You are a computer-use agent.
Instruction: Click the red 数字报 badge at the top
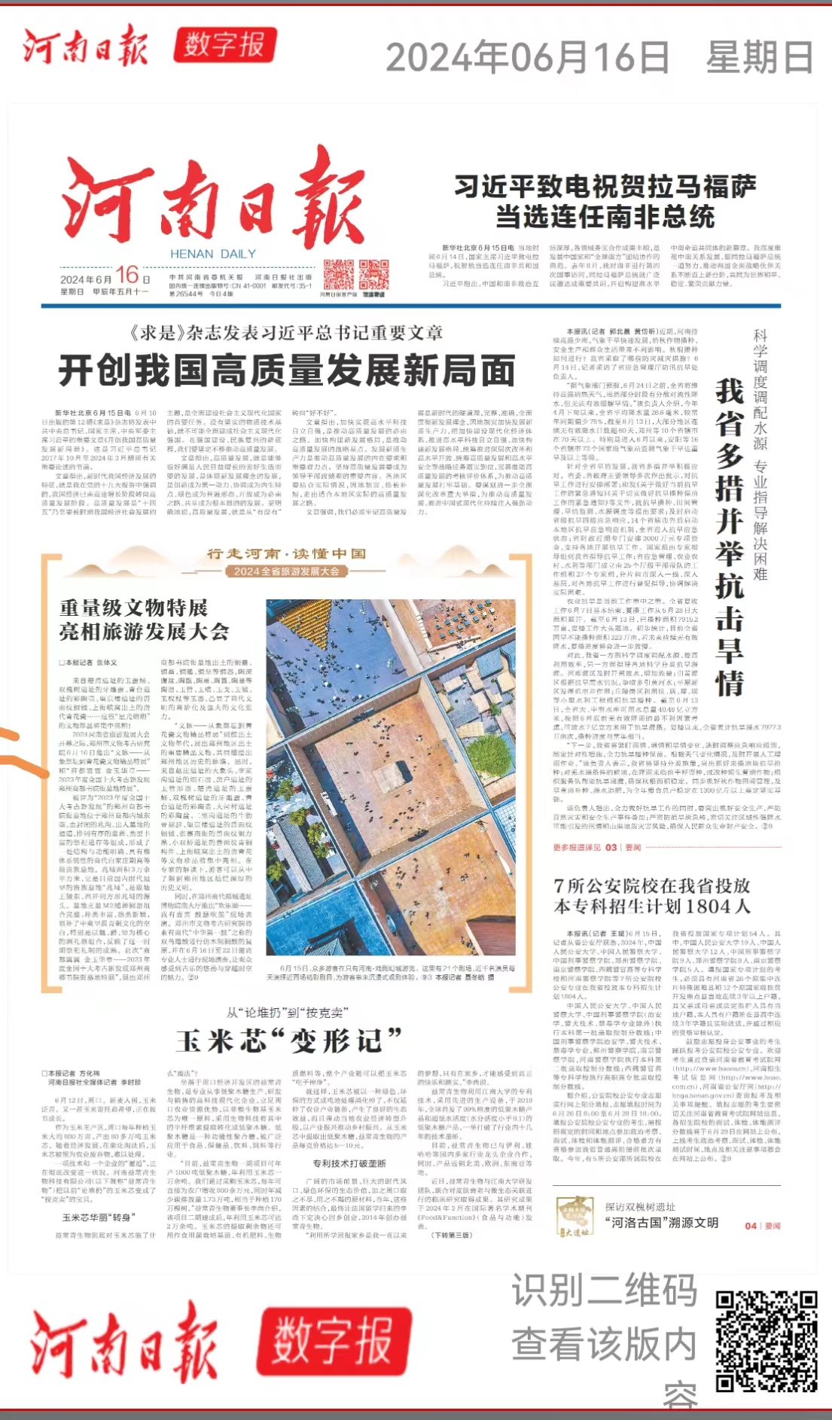224,45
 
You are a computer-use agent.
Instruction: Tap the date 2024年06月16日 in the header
527,57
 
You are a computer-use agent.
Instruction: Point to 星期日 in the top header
759,57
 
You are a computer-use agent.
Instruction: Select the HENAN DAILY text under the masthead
213,254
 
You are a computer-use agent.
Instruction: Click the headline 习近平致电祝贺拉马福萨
605,187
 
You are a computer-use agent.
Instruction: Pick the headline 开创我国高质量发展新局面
287,370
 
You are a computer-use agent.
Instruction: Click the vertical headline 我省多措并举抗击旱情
729,537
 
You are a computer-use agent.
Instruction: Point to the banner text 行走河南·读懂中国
286,553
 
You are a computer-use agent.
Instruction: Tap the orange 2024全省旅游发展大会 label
286,571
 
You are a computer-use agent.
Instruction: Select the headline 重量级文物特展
133,608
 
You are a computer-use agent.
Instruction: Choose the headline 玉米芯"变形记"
289,1041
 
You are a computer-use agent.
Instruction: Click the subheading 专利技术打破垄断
349,1163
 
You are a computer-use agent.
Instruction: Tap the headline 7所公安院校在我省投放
651,885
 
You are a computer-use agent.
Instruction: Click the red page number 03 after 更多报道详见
611,847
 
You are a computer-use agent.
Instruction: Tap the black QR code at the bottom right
766,1341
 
